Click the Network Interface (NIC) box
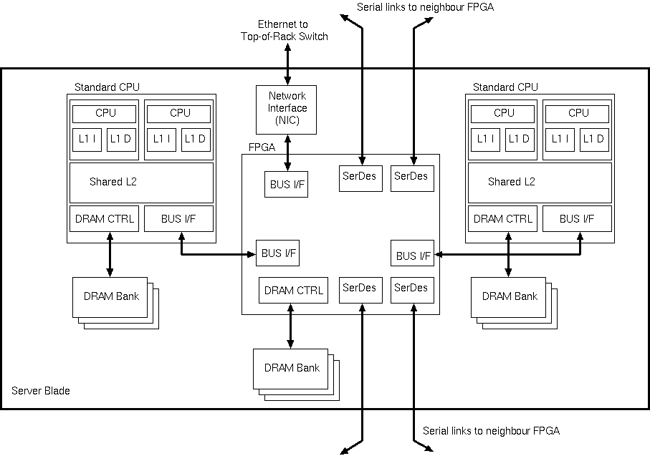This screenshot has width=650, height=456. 286,109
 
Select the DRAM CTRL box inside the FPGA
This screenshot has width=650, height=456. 293,290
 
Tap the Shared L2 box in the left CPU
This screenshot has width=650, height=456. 141,182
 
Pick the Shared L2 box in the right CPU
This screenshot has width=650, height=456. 540,182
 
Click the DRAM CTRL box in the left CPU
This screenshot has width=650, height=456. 104,219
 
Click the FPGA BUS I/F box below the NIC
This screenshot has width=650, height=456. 286,184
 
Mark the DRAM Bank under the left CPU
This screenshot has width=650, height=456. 110,296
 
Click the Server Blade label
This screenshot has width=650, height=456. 41,392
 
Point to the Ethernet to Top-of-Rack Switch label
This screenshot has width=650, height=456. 285,30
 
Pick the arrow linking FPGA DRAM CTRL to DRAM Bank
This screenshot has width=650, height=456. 290,326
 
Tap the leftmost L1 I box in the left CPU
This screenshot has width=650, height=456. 87,140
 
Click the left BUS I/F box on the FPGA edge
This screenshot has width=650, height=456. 277,253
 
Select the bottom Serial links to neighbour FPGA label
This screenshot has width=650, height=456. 491,431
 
